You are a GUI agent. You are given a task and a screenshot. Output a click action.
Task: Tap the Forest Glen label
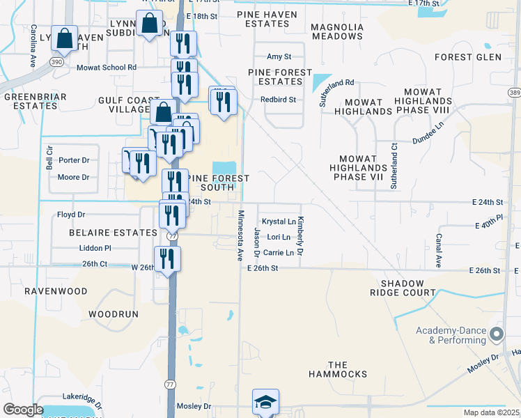click(x=477, y=57)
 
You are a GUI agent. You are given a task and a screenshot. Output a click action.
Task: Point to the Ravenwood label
click(x=56, y=291)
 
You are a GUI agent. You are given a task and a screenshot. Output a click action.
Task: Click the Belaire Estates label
click(x=113, y=232)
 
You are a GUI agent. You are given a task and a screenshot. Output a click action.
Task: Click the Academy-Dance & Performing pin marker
click(x=497, y=336)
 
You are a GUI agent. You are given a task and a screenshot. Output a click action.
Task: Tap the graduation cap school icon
click(x=265, y=402)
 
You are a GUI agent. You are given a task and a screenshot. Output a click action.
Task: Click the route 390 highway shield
click(x=56, y=62)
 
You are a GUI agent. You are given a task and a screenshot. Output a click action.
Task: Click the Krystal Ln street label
click(x=279, y=222)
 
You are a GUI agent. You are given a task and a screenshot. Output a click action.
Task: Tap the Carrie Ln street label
click(x=279, y=253)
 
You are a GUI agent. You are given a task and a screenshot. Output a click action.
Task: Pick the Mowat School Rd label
click(x=112, y=68)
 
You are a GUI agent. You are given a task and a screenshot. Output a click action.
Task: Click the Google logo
click(x=23, y=410)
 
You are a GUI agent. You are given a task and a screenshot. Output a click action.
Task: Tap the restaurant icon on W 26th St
click(x=167, y=259)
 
